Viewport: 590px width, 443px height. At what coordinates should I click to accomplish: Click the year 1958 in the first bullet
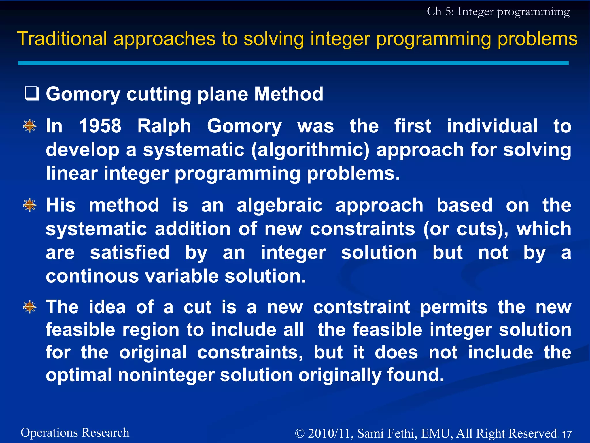[x=100, y=126]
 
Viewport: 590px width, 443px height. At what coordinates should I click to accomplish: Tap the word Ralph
[x=164, y=126]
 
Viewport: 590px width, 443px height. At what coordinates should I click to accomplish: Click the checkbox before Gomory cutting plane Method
[x=32, y=94]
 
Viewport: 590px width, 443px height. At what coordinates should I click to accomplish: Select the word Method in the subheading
[x=289, y=94]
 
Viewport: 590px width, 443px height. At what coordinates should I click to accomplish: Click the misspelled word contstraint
[x=362, y=307]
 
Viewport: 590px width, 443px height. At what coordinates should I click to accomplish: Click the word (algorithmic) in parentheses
[x=310, y=150]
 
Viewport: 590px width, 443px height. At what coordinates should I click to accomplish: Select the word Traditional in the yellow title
[x=62, y=39]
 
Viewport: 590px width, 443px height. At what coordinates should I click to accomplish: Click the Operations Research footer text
[x=75, y=433]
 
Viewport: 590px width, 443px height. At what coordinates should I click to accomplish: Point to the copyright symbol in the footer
[x=300, y=433]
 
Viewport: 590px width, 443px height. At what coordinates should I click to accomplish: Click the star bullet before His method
[x=30, y=205]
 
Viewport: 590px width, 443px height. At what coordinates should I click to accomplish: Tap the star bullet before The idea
[x=30, y=307]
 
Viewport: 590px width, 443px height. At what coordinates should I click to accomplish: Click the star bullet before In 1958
[x=30, y=126]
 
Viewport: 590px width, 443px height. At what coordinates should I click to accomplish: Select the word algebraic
[x=279, y=205]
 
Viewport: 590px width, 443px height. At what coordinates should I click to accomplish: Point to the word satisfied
[x=130, y=252]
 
